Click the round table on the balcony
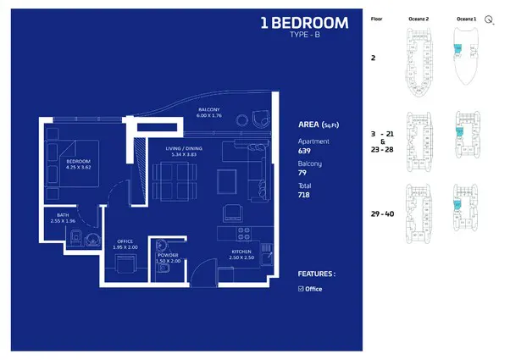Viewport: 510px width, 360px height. [x=244, y=119]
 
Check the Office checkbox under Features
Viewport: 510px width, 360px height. [x=301, y=289]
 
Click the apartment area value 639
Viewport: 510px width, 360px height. [x=305, y=151]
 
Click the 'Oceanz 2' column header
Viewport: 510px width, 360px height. [x=419, y=18]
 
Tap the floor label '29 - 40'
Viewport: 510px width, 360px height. [x=383, y=213]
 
